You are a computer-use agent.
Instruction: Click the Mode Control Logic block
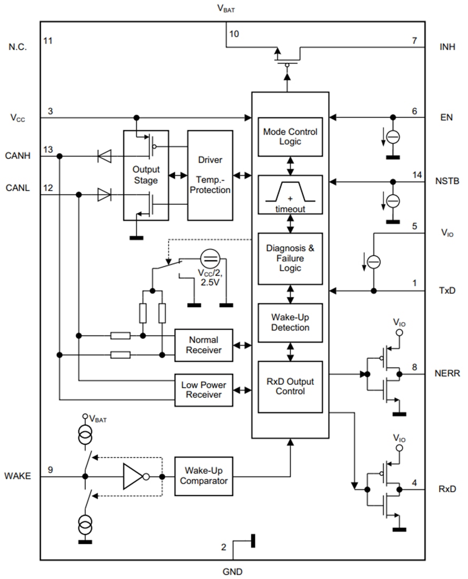[290, 137]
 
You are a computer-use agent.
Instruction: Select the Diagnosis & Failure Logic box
[290, 258]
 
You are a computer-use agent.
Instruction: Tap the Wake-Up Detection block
[290, 322]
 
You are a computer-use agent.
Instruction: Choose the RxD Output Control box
[290, 386]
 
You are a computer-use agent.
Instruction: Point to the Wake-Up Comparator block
[203, 476]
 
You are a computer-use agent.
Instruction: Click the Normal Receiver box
[203, 345]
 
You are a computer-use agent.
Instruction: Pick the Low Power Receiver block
[203, 390]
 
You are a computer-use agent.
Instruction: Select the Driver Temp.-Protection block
[210, 175]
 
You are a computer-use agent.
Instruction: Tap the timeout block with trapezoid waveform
[290, 194]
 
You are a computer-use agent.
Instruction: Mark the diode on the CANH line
[104, 156]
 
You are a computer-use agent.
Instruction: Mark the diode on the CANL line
[104, 195]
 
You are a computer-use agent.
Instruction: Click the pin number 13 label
[48, 151]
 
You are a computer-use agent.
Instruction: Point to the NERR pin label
[447, 374]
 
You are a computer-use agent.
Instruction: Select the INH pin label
[447, 46]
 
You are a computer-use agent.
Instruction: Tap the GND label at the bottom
[232, 571]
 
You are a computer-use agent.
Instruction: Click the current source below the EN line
[393, 137]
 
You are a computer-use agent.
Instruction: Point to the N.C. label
[17, 46]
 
